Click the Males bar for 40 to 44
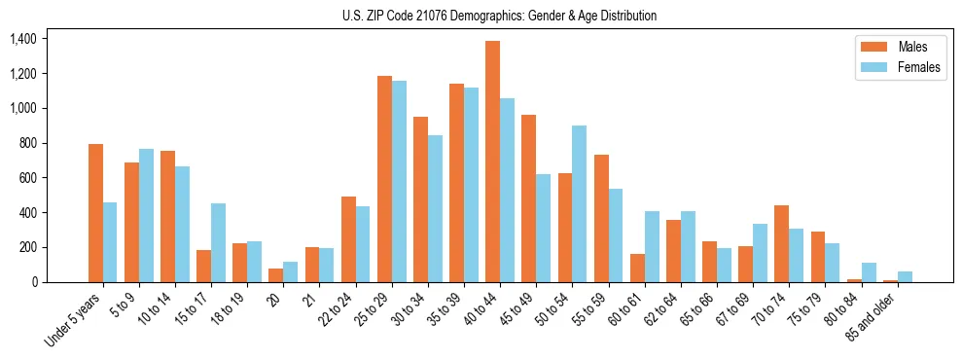(492, 162)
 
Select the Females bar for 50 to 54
(579, 204)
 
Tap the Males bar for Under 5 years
(95, 213)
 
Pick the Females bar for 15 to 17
(218, 243)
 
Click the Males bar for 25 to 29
(384, 179)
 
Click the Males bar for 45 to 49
(528, 198)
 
